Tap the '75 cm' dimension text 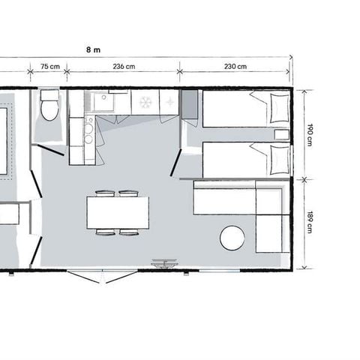click(49, 67)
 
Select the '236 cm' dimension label click(124, 67)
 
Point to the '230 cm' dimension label click(235, 67)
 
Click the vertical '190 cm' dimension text click(309, 134)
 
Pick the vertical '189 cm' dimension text click(309, 223)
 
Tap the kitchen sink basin click(100, 101)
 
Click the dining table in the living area click(117, 212)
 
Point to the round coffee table click(232, 238)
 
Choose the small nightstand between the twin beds click(282, 135)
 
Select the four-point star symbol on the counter click(169, 101)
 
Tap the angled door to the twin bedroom click(176, 161)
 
